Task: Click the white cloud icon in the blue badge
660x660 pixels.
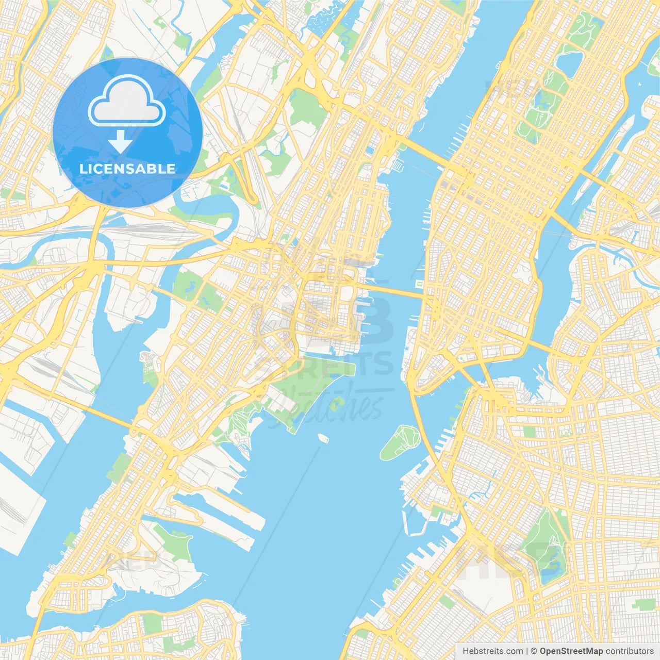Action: (x=127, y=102)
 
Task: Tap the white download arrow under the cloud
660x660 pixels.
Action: (x=120, y=142)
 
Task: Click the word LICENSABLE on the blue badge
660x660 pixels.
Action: (x=127, y=169)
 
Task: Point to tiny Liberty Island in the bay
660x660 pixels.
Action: (x=323, y=438)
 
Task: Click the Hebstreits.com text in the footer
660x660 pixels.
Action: (x=492, y=651)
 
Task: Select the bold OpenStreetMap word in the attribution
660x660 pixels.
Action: (x=571, y=651)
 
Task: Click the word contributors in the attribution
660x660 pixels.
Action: (x=630, y=651)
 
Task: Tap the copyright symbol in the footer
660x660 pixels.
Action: (x=534, y=651)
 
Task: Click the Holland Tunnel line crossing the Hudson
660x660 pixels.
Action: (x=392, y=291)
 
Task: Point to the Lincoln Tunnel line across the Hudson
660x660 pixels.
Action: (x=420, y=150)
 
